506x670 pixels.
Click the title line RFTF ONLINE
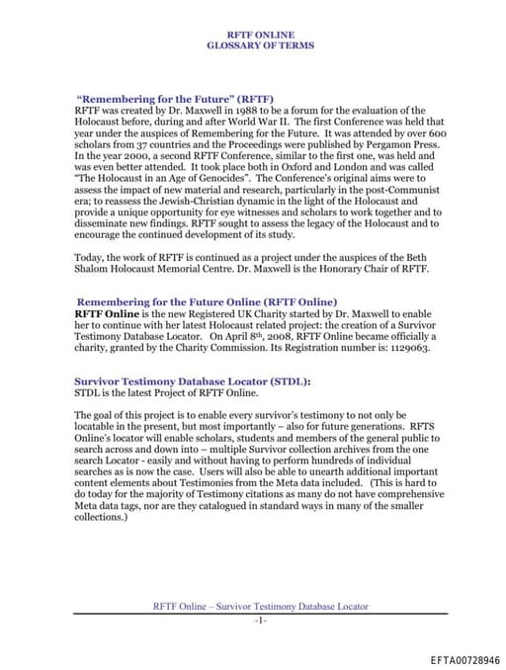260,35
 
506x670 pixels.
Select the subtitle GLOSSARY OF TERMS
260,45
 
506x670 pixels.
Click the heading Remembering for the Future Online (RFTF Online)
207,300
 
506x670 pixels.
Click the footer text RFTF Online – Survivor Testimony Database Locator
260,604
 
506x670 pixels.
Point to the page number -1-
260,619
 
